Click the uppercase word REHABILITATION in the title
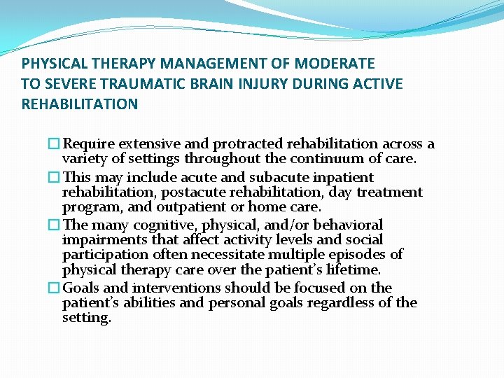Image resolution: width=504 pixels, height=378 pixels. click(80, 104)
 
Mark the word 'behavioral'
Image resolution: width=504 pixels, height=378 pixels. click(349, 225)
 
